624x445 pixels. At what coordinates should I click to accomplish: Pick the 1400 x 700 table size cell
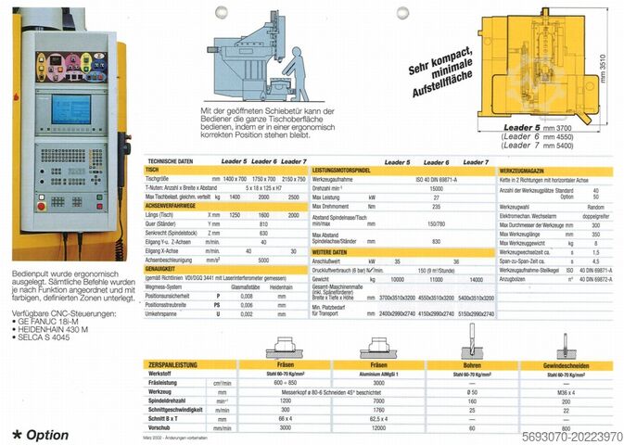(x=236, y=180)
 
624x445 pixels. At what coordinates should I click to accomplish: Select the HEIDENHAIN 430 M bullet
(x=57, y=313)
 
